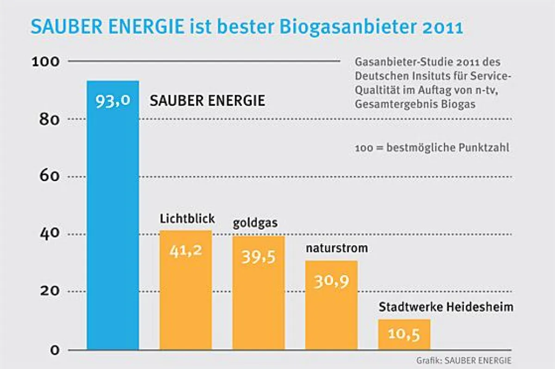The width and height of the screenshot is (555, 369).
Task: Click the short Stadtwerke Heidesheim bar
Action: pos(404,334)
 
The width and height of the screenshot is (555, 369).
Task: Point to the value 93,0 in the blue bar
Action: pos(112,101)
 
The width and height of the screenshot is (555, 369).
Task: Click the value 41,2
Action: pos(185,252)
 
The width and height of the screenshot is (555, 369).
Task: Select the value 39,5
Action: pos(259,257)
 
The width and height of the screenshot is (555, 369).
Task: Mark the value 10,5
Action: pos(404,334)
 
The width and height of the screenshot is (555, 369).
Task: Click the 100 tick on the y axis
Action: pos(45,61)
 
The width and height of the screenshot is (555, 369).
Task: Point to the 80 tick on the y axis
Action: pos(49,120)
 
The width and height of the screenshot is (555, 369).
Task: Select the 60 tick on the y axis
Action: pos(49,176)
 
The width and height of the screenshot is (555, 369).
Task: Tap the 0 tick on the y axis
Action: pos(55,350)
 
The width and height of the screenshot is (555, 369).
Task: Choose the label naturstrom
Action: pos(337,248)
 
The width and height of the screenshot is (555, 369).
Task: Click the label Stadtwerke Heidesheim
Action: pos(446,307)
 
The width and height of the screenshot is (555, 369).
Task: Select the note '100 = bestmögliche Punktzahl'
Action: pos(432,149)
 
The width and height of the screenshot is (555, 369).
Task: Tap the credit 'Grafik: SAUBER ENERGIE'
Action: pos(464,360)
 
